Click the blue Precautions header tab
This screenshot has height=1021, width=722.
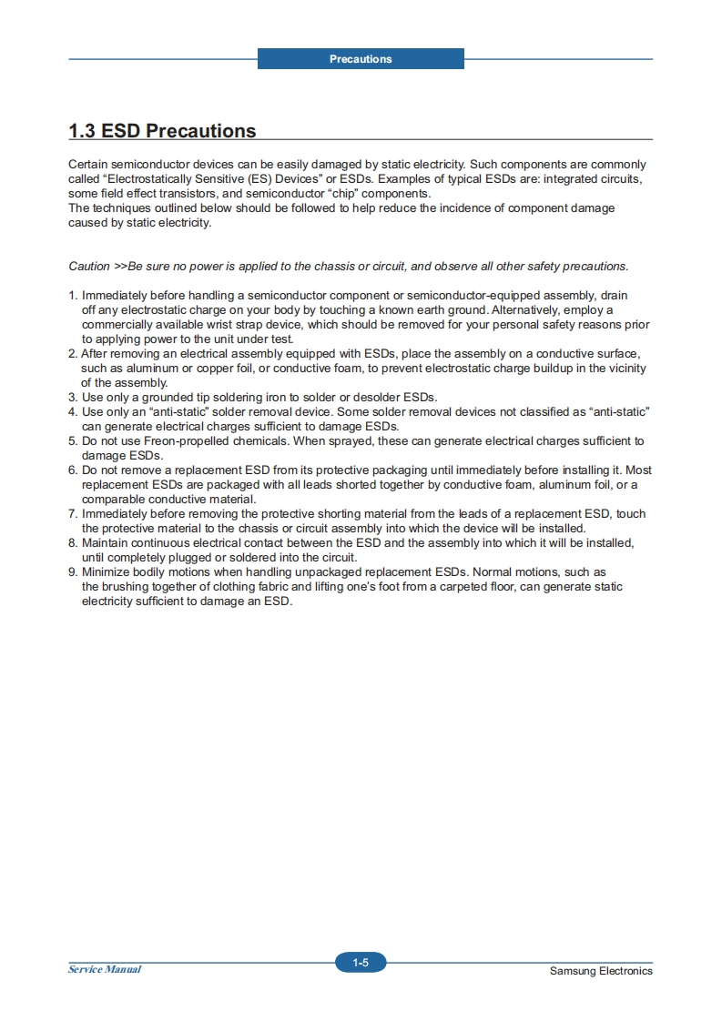click(x=361, y=59)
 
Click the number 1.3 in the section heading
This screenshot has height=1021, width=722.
click(x=82, y=131)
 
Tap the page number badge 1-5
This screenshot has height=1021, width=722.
click(x=361, y=963)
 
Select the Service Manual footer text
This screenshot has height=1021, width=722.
click(x=105, y=969)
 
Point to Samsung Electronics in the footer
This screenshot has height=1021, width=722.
click(x=601, y=971)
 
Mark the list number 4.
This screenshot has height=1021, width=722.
click(x=72, y=412)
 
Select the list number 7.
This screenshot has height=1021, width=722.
click(x=72, y=514)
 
